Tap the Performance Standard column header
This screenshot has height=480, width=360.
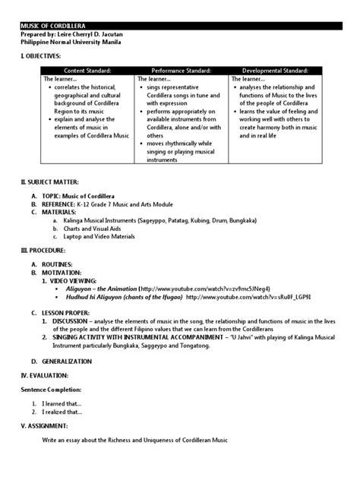coord(182,70)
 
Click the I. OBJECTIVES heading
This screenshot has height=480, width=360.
coord(40,57)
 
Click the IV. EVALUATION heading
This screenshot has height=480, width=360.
coord(45,375)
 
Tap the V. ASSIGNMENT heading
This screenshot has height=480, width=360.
coord(45,425)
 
